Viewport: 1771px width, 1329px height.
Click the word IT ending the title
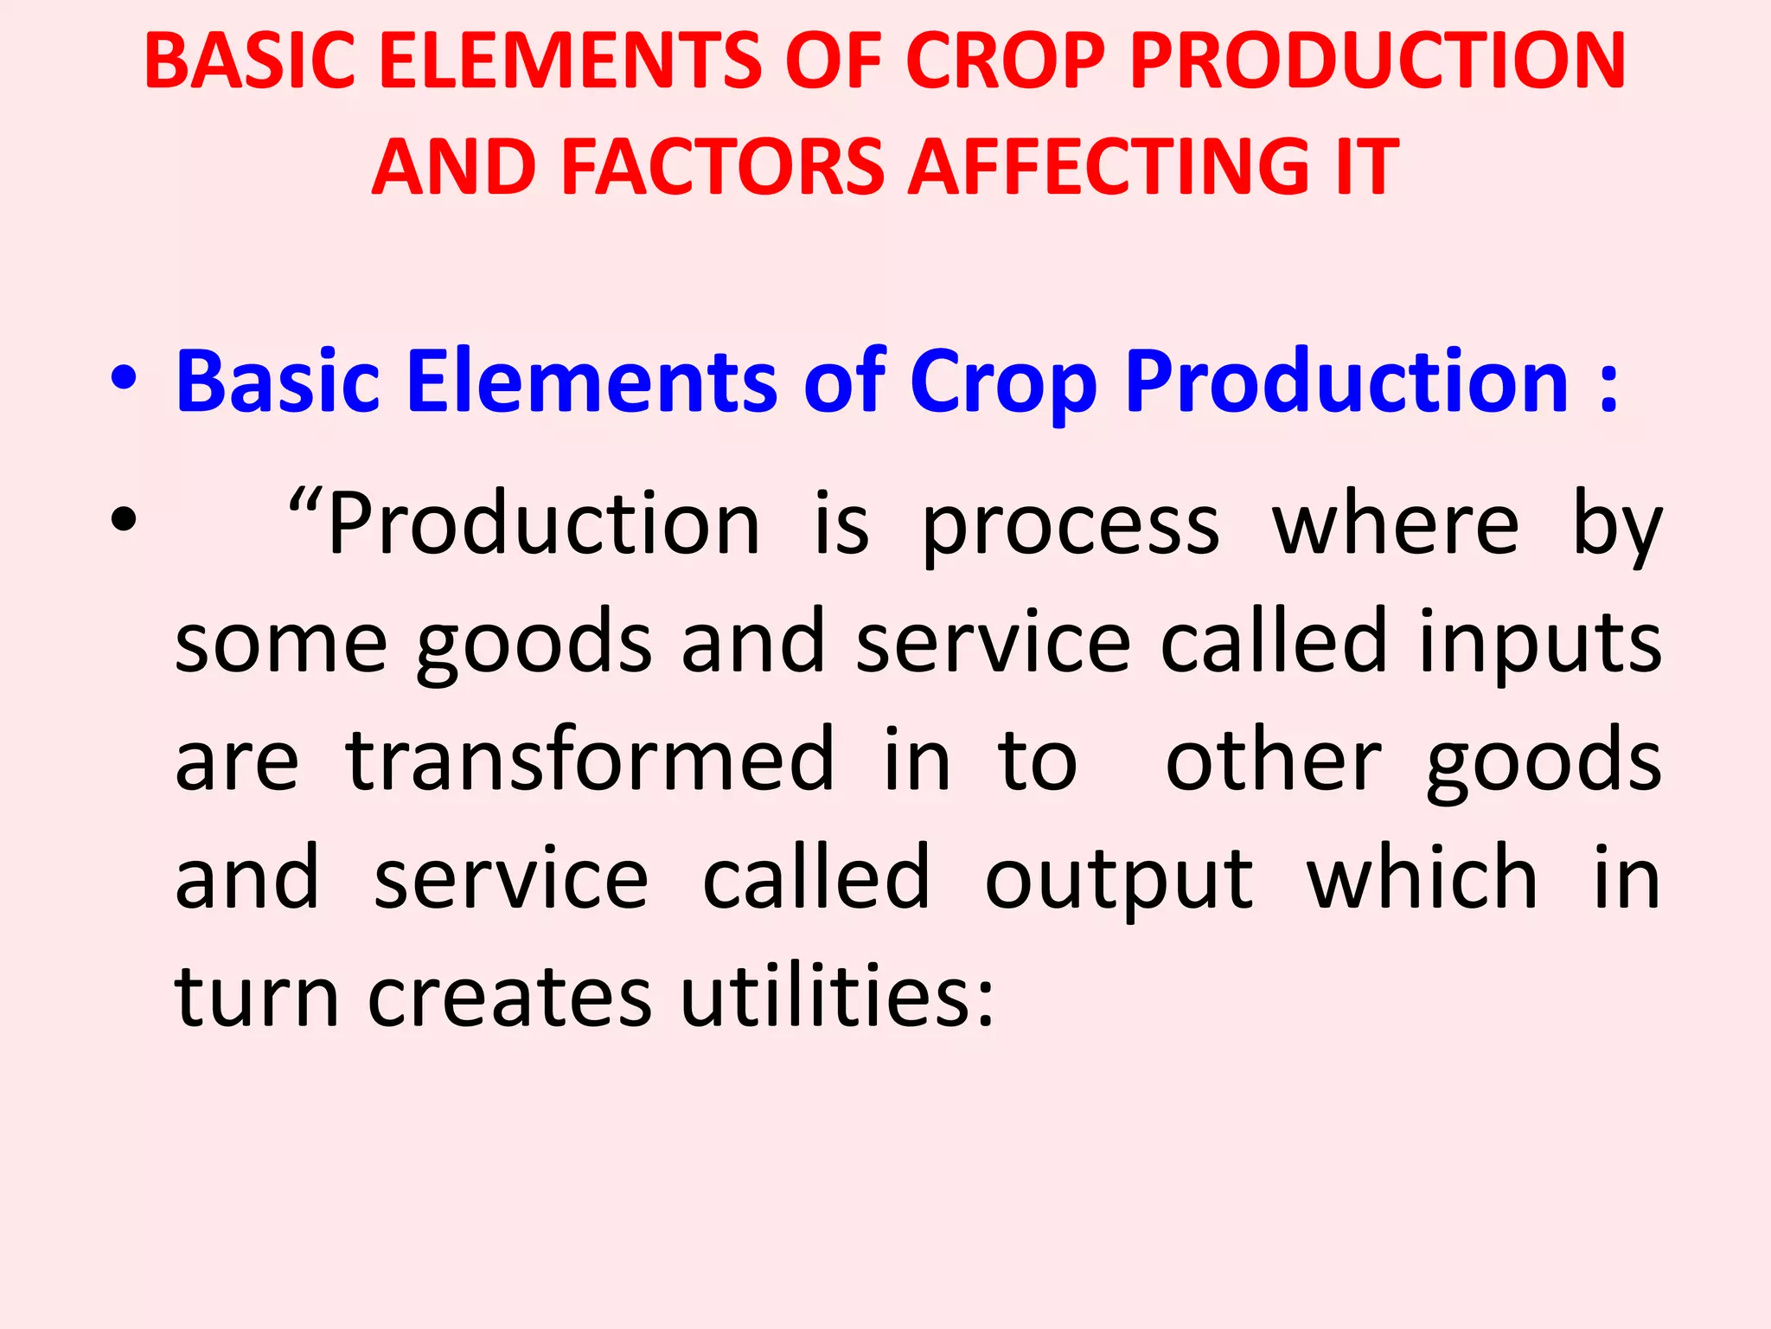(x=1365, y=166)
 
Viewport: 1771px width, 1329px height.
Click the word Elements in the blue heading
(x=591, y=381)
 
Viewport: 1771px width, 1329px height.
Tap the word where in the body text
(x=1395, y=523)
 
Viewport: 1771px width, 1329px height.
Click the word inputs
(x=1540, y=645)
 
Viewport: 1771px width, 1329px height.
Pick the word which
(x=1422, y=877)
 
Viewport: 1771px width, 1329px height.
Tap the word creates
(x=509, y=997)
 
